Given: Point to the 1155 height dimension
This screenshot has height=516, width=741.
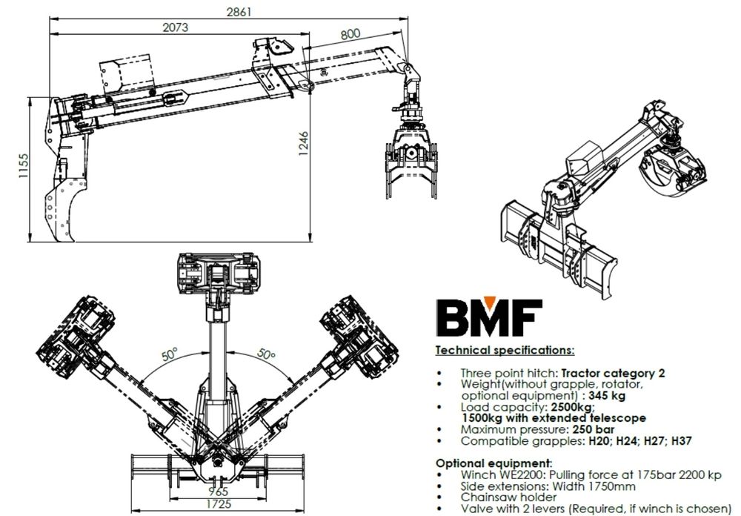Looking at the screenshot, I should [x=22, y=168].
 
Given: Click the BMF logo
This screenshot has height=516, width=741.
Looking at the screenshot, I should [x=489, y=317].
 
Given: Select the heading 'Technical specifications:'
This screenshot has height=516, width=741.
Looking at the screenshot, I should [x=505, y=350].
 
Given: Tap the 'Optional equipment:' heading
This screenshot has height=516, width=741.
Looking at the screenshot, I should [x=494, y=463].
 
